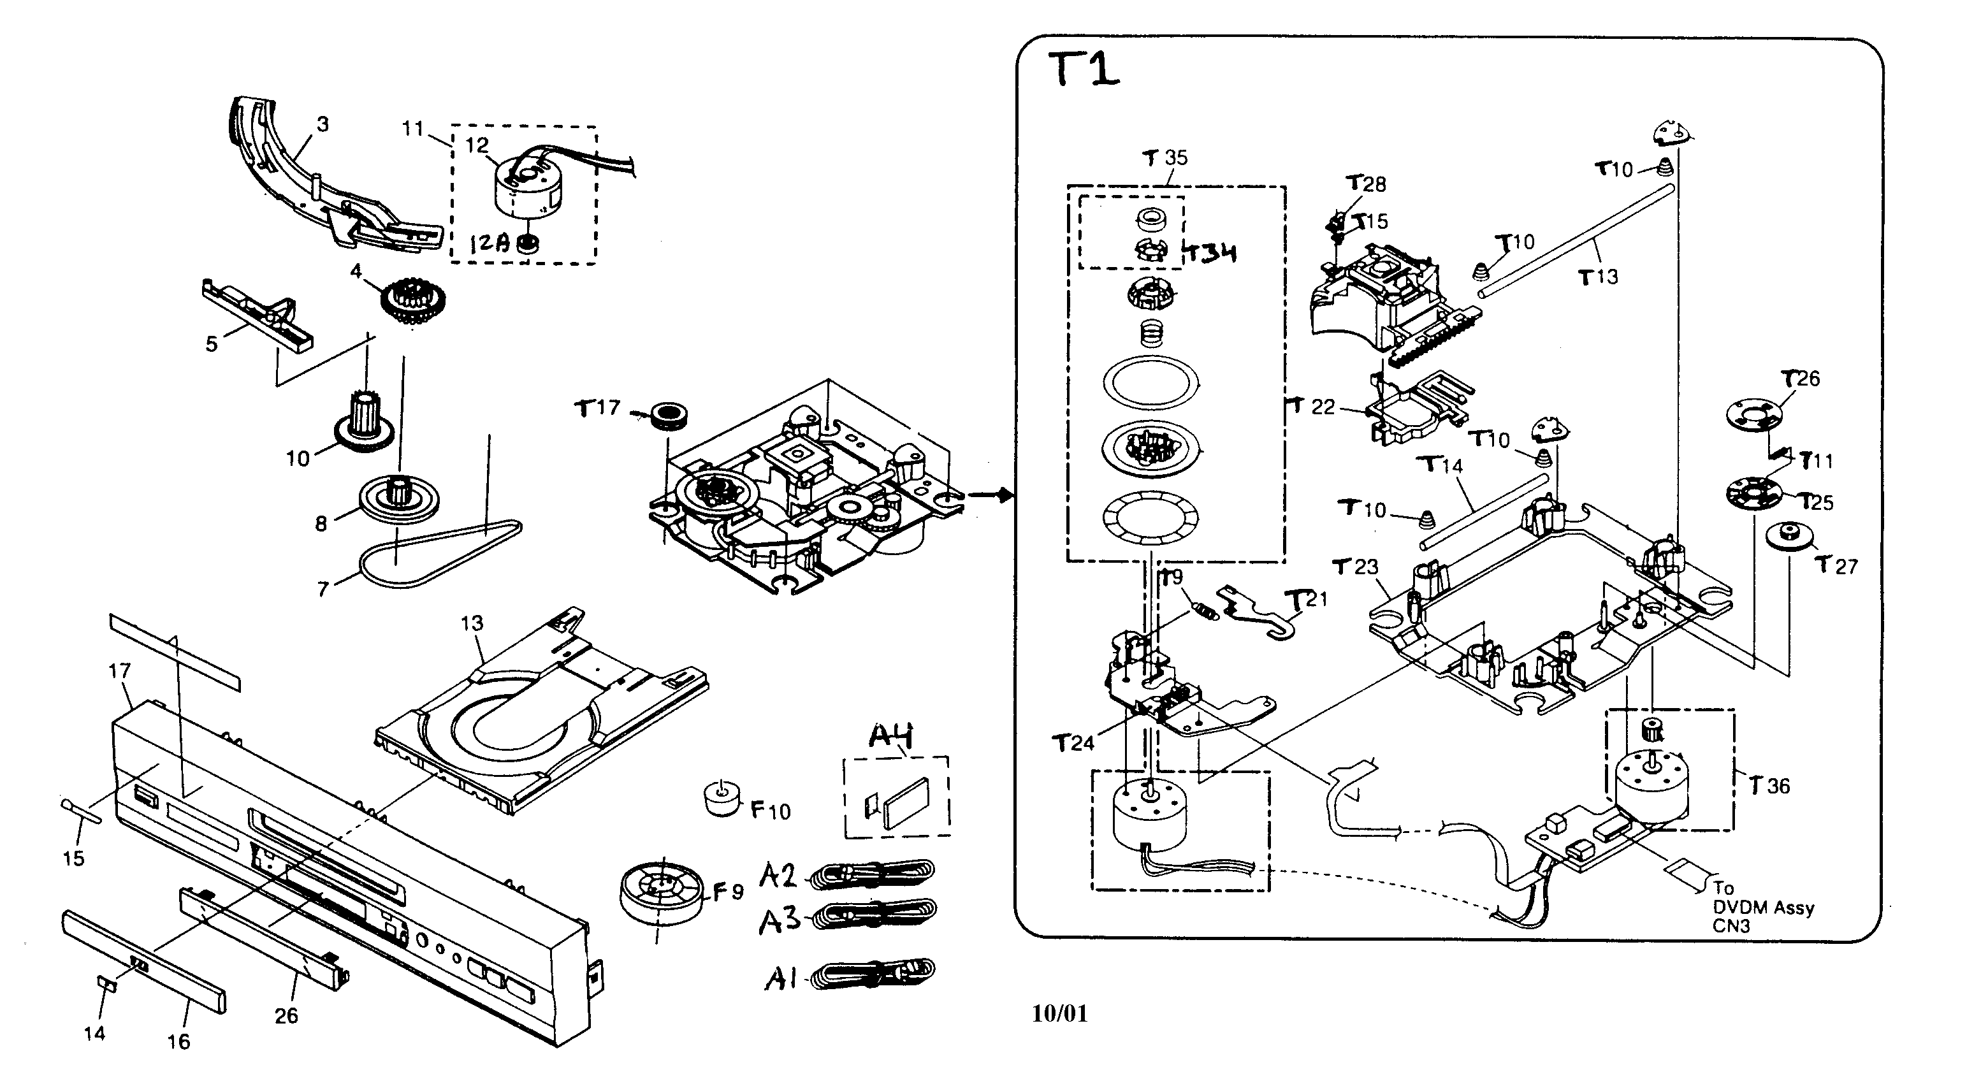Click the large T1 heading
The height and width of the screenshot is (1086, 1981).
pos(1084,70)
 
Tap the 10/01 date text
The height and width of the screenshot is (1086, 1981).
pos(1060,1014)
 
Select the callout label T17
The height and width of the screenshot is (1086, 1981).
pos(597,408)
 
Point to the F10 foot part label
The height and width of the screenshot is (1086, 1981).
pos(770,811)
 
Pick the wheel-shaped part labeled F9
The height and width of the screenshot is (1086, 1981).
pos(660,890)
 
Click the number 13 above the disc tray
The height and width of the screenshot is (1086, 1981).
pos(472,623)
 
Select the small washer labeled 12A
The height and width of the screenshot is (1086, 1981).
pos(528,245)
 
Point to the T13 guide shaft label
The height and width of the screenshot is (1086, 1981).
pos(1598,277)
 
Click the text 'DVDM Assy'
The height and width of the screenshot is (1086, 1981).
pos(1762,908)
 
